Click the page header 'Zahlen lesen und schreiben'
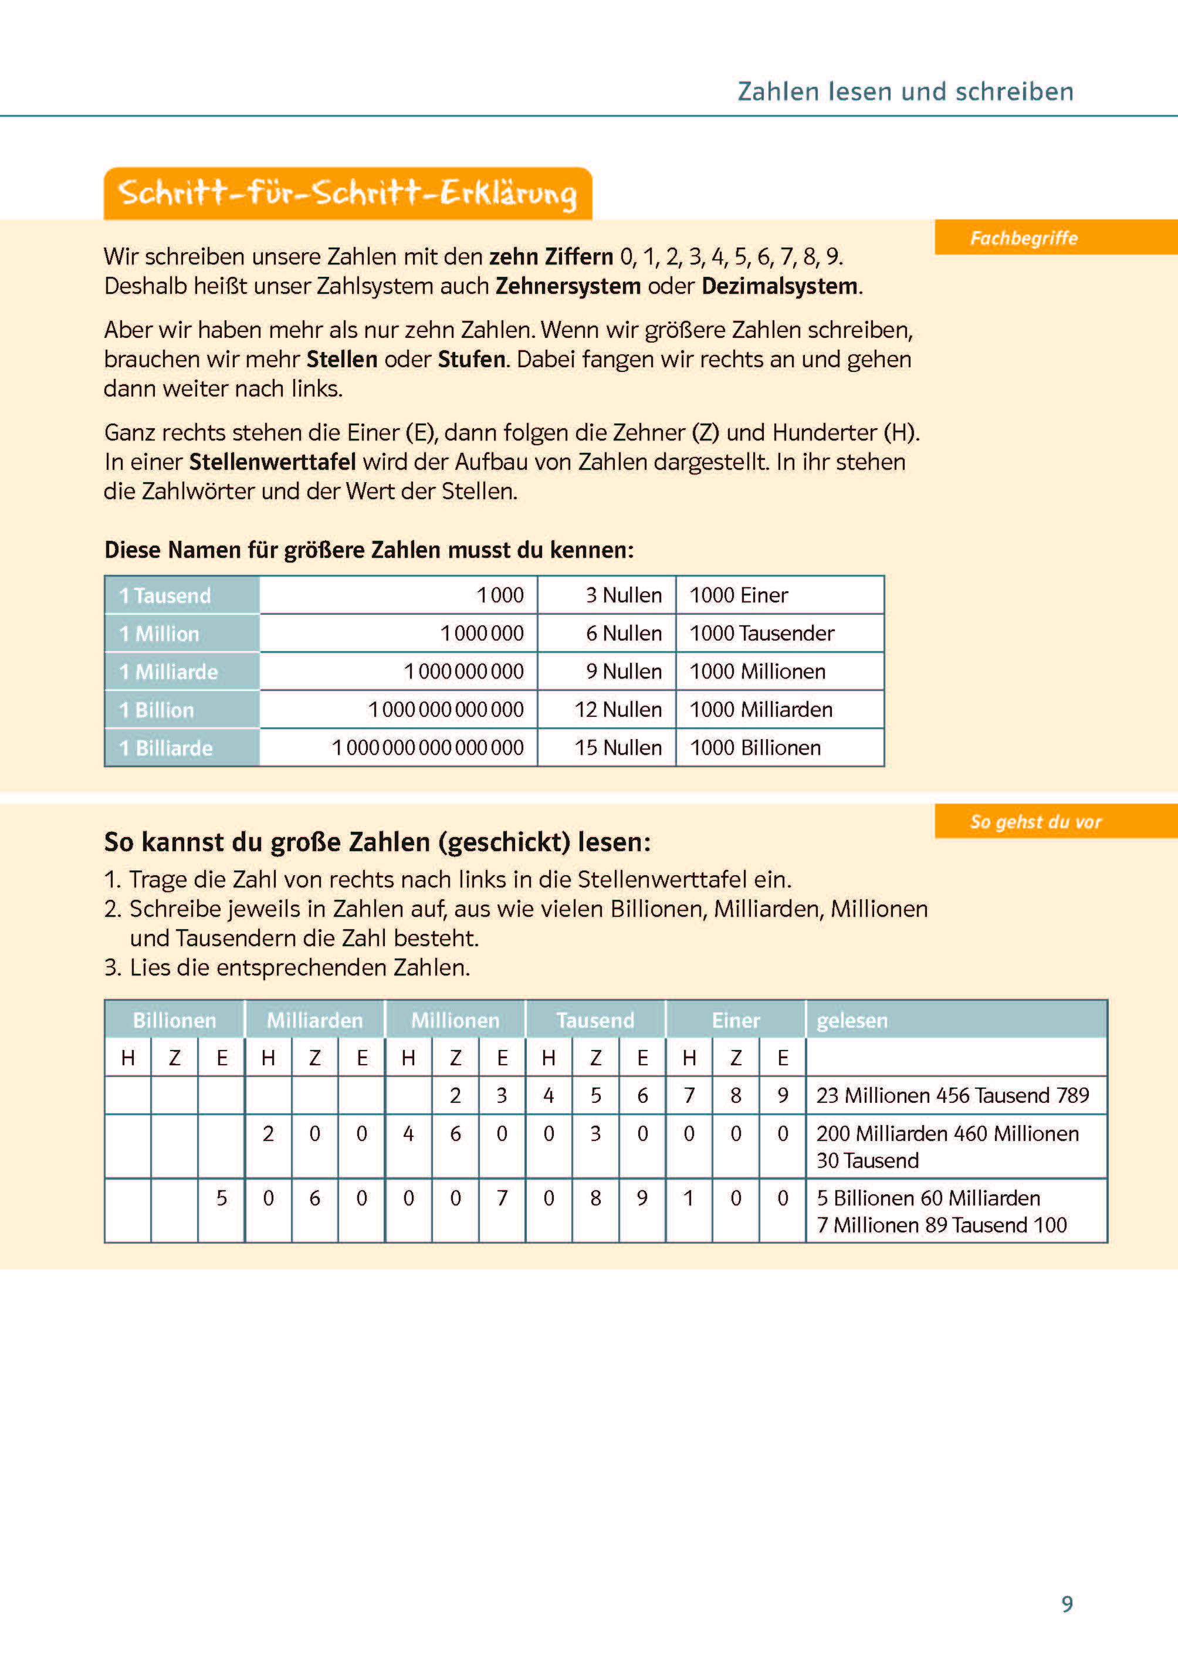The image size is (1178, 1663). pos(905,92)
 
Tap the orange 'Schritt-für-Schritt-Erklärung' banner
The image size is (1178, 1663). pos(347,194)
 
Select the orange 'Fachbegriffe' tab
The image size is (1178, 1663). pos(1024,238)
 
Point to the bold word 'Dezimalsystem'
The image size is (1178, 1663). pos(780,286)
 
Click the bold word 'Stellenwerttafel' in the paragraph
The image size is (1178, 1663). pos(272,462)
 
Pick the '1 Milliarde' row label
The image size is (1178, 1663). pos(168,672)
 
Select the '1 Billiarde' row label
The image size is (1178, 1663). pos(166,748)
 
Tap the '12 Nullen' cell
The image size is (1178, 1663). pos(618,709)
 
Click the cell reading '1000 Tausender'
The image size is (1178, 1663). pos(761,633)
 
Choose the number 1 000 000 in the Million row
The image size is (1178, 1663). pos(482,633)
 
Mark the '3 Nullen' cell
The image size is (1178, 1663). pos(623,595)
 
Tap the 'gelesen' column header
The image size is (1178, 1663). pos(852,1021)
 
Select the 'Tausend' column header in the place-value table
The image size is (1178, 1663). pos(595,1021)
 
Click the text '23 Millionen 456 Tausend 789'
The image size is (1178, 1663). pos(952,1095)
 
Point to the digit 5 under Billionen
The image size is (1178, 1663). pos(221,1197)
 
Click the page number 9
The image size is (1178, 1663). pos(1067,1604)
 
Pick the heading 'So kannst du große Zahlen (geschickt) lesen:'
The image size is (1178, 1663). pos(377,842)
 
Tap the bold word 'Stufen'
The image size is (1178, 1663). pos(472,360)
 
